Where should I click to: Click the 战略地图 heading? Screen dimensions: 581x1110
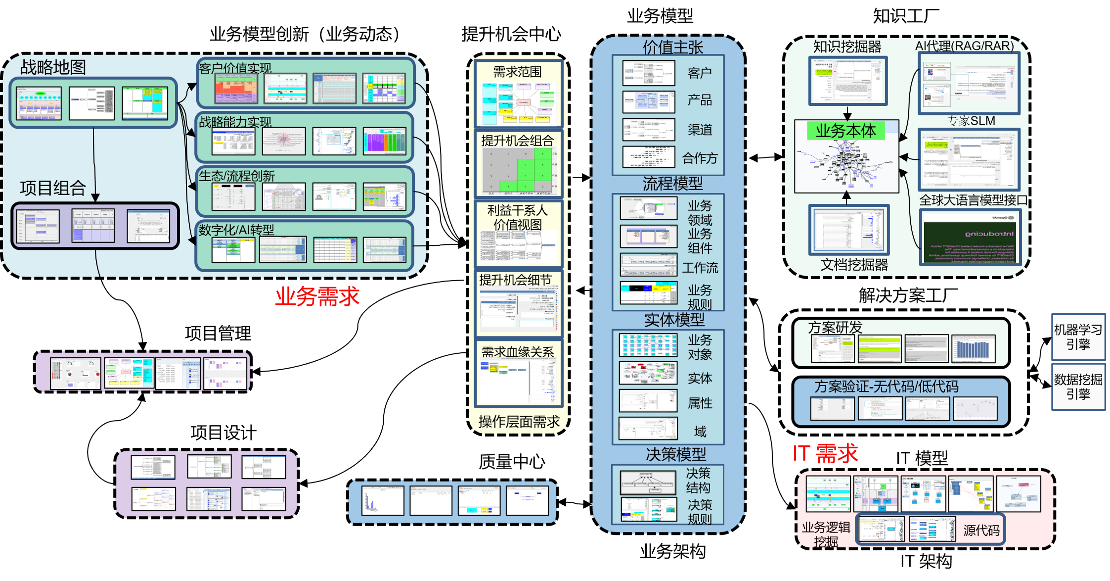53,67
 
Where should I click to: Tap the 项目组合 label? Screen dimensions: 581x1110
53,188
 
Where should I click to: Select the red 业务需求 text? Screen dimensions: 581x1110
317,296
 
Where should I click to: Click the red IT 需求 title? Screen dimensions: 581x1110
825,453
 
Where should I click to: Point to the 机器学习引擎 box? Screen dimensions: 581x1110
1078,337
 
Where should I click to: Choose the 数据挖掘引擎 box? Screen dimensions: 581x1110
1078,387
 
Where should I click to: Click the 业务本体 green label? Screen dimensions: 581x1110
845,131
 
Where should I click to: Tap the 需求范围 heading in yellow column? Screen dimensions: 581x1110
518,72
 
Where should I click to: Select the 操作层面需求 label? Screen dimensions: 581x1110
519,422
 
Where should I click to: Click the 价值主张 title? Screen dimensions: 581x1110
672,48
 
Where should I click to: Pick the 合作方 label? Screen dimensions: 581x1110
700,158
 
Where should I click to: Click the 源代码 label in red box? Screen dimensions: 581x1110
981,531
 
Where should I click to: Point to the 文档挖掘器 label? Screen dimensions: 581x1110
854,265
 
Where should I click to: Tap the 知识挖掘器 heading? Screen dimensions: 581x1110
847,47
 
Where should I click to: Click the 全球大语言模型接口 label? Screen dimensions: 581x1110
973,200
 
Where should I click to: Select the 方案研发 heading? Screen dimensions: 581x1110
835,327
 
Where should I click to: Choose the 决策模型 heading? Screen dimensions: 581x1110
676,454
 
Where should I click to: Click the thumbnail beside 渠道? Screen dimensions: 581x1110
648,130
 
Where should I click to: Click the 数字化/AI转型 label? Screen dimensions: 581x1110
236,230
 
